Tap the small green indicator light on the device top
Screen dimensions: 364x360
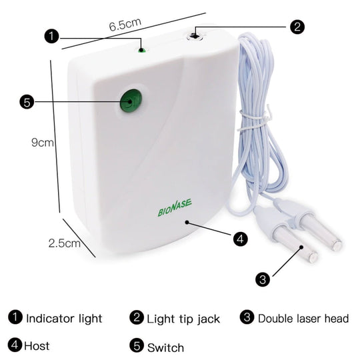point(142,49)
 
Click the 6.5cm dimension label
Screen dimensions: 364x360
point(125,24)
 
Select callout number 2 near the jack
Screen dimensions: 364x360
point(297,27)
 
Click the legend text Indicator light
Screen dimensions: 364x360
point(64,318)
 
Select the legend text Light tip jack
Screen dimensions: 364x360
point(183,319)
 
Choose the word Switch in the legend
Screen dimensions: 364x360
point(165,347)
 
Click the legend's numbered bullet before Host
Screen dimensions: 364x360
point(15,346)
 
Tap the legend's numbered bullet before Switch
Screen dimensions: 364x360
point(137,346)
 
